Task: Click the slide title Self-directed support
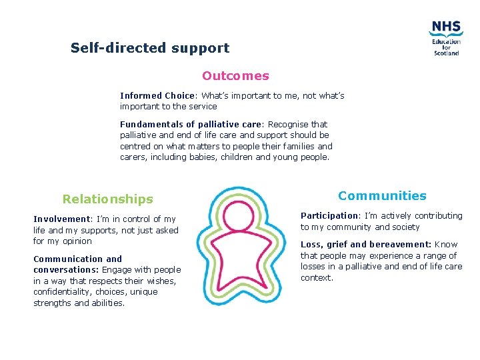pyautogui.click(x=150, y=48)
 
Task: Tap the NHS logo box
pyautogui.click(x=445, y=27)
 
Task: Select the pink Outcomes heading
pyautogui.click(x=235, y=76)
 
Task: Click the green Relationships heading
pyautogui.click(x=107, y=199)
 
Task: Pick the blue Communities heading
pyautogui.click(x=382, y=195)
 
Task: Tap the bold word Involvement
pyautogui.click(x=61, y=219)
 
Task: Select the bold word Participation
pyautogui.click(x=329, y=215)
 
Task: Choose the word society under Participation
pyautogui.click(x=404, y=227)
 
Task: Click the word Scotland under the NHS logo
pyautogui.click(x=446, y=53)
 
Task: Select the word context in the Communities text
pyautogui.click(x=317, y=277)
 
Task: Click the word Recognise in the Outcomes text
pyautogui.click(x=288, y=124)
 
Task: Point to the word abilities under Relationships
pyautogui.click(x=109, y=303)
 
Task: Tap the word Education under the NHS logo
pyautogui.click(x=446, y=41)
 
